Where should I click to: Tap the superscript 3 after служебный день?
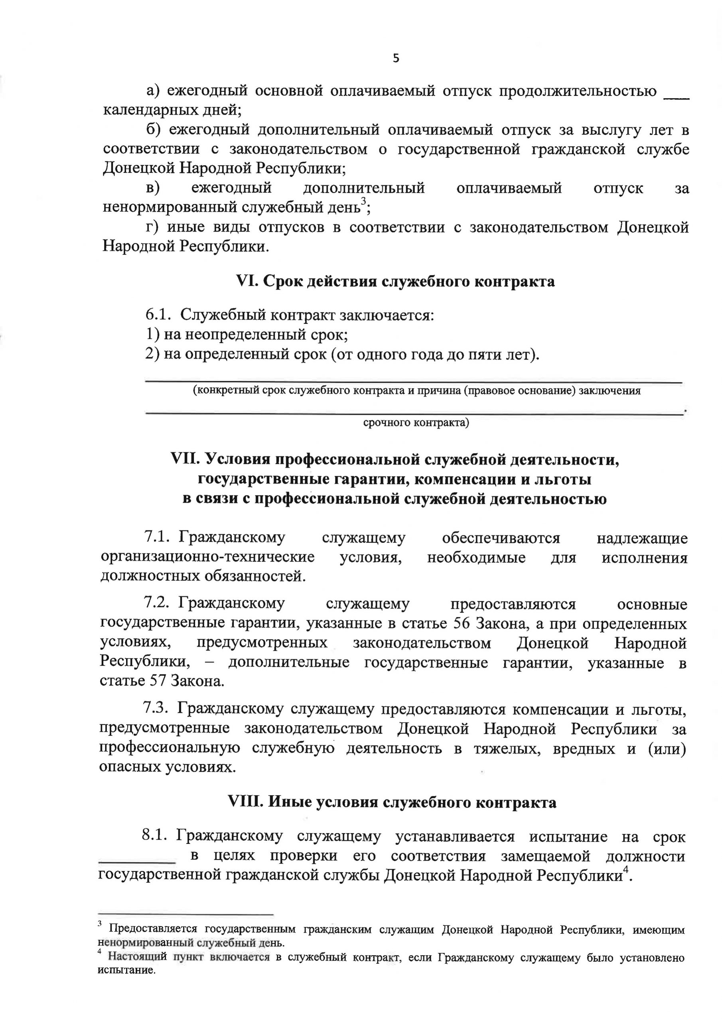click(x=363, y=201)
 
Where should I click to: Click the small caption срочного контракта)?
click(x=416, y=422)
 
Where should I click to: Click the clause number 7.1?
click(x=157, y=537)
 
